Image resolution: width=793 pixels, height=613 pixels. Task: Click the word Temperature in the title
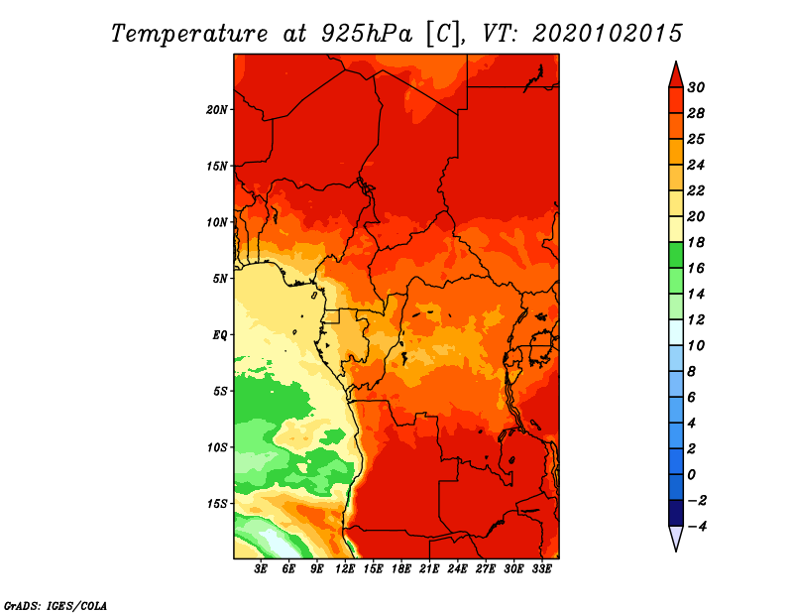[189, 34]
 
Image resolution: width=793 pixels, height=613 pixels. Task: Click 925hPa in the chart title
[367, 34]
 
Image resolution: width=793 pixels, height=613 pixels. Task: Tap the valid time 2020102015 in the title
[607, 34]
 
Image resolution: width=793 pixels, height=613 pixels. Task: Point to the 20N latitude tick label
[216, 110]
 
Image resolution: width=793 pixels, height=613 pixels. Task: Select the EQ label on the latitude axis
[219, 335]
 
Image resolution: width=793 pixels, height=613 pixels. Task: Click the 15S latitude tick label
[217, 504]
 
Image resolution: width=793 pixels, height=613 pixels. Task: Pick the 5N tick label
[220, 279]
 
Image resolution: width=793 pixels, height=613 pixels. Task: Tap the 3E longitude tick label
[261, 569]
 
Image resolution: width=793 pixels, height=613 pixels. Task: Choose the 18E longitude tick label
[401, 569]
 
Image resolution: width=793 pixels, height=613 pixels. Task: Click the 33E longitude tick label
[541, 569]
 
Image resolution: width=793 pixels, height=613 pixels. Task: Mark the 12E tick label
[345, 569]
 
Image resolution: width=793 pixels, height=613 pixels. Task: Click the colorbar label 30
[696, 87]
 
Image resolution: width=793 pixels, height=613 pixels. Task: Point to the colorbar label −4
[696, 527]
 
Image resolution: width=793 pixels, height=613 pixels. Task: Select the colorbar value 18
[696, 242]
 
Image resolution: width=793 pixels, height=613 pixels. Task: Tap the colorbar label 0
[691, 475]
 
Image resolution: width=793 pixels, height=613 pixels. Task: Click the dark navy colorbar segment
[676, 513]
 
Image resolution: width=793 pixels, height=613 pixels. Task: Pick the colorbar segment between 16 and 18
[676, 255]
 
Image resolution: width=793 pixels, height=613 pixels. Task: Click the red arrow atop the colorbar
[676, 74]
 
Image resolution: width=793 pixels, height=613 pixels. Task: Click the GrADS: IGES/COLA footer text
[56, 606]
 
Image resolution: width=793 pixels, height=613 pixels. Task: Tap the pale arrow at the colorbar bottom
[676, 538]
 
